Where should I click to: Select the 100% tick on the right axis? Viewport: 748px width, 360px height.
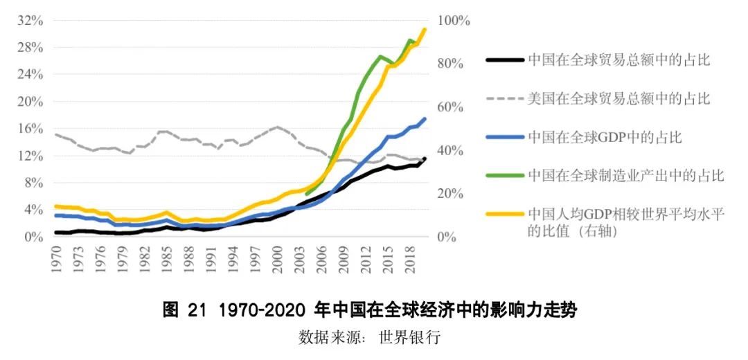coord(454,21)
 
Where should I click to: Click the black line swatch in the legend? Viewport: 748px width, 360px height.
coord(504,60)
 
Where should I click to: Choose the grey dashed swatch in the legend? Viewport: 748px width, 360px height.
coord(504,99)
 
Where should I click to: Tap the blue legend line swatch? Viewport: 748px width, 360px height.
coord(504,137)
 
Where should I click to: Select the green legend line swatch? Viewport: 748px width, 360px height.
coord(504,176)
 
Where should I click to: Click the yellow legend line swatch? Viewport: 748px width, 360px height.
coord(504,214)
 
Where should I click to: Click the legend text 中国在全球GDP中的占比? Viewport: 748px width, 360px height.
coord(605,137)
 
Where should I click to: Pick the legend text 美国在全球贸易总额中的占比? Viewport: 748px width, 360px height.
coord(618,99)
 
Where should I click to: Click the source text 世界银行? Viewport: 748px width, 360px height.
coord(410,338)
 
